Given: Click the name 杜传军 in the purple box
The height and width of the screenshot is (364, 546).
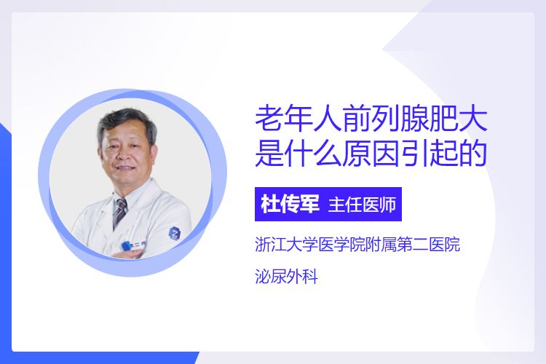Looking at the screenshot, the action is tap(290, 204).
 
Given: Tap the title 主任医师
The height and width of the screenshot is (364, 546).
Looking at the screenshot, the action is tap(362, 205).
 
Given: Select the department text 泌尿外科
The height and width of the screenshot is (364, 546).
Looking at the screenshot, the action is tap(286, 277).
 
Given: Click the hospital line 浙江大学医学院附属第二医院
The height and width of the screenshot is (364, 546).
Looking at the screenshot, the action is tap(357, 244).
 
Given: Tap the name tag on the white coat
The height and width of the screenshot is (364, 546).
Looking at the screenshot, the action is tap(133, 245).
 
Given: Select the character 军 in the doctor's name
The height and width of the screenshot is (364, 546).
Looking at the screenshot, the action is tap(309, 204).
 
